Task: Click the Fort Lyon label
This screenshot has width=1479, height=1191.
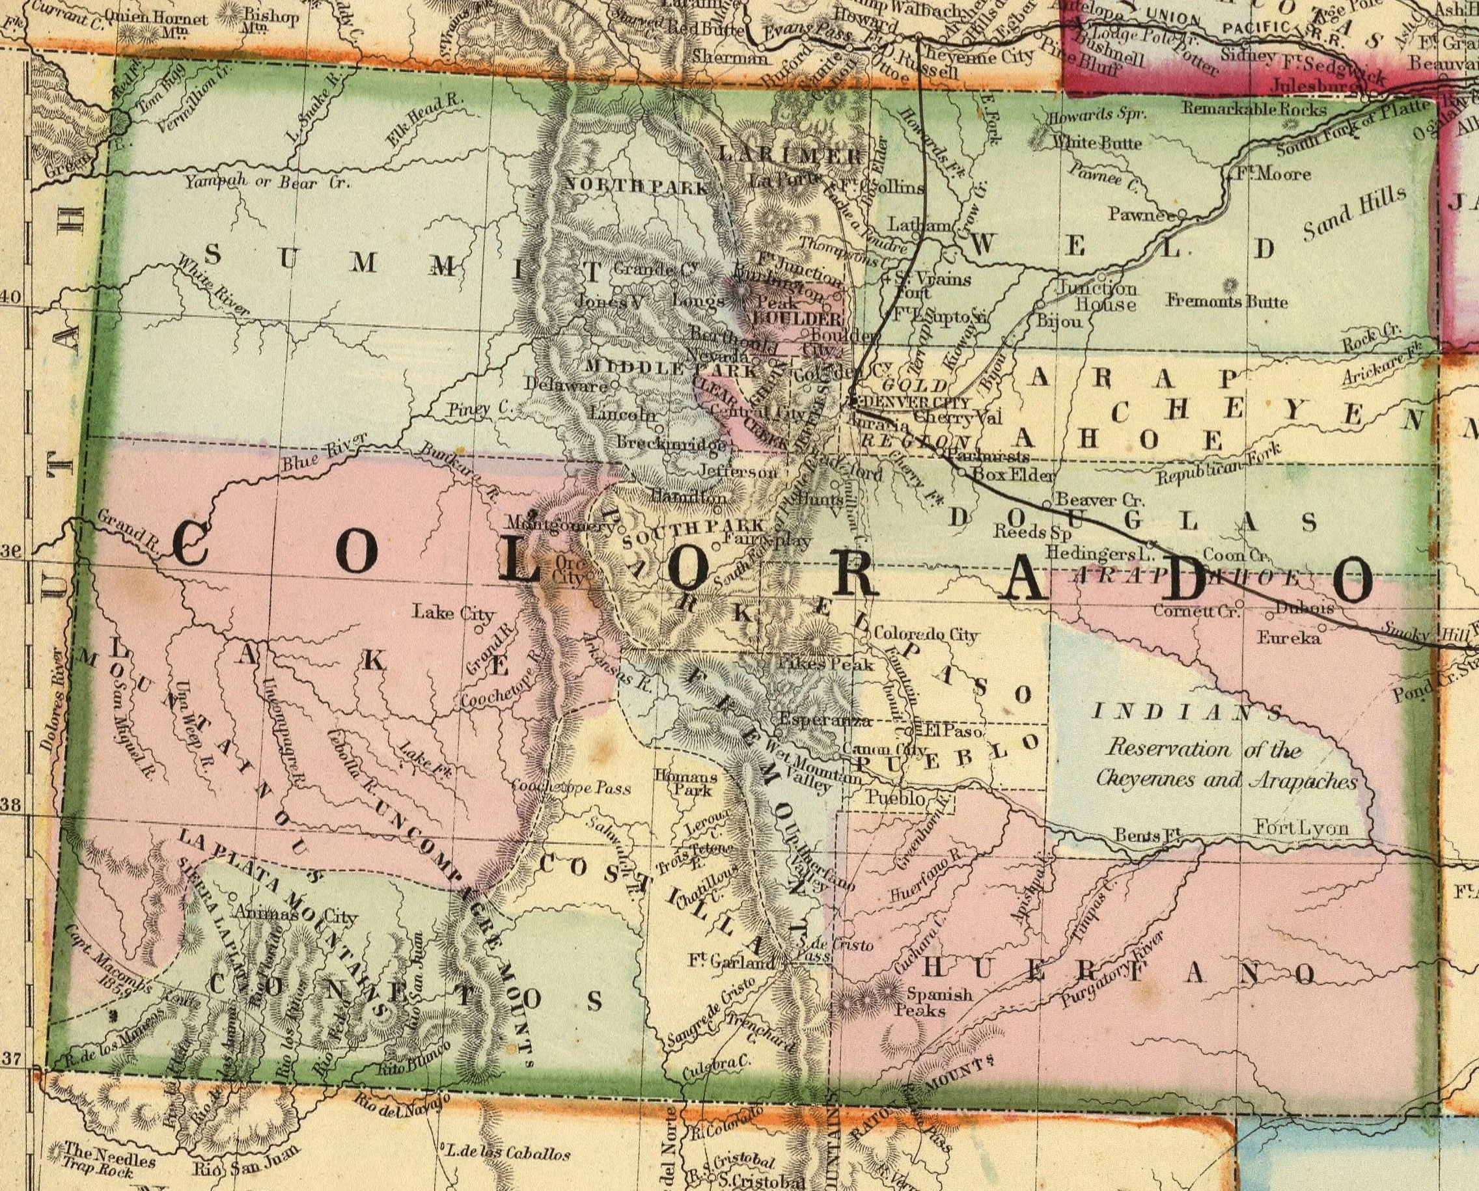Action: [x=1301, y=827]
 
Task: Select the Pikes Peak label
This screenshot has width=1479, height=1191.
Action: [x=825, y=664]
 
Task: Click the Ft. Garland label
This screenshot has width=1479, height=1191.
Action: [x=731, y=962]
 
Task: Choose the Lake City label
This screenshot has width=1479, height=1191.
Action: [x=452, y=612]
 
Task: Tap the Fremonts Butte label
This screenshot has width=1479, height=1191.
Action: [x=1227, y=301]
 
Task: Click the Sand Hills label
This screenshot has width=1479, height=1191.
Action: [x=1355, y=213]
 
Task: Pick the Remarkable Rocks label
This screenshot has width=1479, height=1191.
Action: [x=1254, y=109]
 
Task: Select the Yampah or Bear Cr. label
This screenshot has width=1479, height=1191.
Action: [x=266, y=183]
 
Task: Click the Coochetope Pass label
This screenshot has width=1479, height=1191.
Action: [x=571, y=787]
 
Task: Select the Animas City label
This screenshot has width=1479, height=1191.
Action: [x=296, y=915]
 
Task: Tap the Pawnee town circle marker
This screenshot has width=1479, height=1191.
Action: [x=1183, y=214]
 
